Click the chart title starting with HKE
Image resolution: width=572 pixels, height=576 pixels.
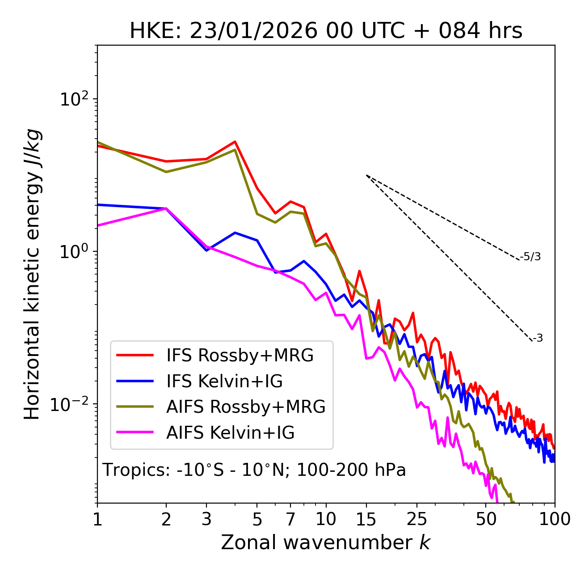click(x=326, y=31)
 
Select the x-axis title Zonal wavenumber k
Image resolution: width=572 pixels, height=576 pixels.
click(x=325, y=542)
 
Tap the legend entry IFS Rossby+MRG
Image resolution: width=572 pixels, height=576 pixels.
click(x=240, y=356)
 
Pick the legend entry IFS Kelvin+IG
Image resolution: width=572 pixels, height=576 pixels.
click(x=224, y=381)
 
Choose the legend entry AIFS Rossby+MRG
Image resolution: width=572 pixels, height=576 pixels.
click(x=245, y=407)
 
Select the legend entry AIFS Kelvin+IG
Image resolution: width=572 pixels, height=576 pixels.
click(x=230, y=433)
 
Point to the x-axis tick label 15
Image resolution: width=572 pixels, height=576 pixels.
click(x=366, y=519)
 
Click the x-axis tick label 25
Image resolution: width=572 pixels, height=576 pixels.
click(x=417, y=519)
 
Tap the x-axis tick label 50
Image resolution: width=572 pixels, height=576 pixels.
click(x=486, y=519)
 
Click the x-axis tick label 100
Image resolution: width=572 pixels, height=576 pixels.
click(x=554, y=519)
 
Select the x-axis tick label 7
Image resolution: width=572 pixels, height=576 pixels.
click(x=290, y=519)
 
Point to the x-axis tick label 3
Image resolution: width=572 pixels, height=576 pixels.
click(x=206, y=519)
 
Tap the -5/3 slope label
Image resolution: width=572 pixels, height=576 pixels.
click(x=530, y=257)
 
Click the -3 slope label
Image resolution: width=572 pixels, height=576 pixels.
click(x=538, y=339)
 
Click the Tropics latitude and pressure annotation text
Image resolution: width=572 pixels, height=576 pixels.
click(x=254, y=470)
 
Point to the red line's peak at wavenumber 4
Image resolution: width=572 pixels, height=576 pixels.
click(x=235, y=142)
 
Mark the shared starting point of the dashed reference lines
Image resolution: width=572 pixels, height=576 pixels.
click(x=366, y=175)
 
